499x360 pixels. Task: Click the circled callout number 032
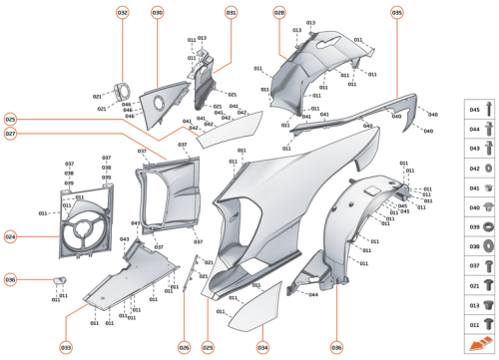click(122, 13)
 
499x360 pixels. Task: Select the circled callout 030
click(158, 13)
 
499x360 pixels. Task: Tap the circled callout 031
click(232, 13)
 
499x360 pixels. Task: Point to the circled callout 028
click(279, 13)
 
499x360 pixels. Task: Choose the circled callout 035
click(397, 13)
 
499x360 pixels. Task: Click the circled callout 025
click(10, 118)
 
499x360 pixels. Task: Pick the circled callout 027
click(10, 134)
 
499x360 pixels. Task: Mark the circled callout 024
click(10, 237)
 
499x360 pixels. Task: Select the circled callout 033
click(66, 347)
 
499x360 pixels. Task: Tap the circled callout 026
click(184, 347)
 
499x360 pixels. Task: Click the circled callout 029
click(208, 347)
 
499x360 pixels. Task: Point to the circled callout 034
click(262, 347)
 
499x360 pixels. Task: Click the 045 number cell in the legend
click(475, 109)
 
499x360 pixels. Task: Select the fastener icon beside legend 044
click(490, 131)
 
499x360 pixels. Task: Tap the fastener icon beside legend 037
click(490, 266)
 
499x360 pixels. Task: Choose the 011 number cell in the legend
click(475, 324)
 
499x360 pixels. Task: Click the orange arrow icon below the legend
click(482, 344)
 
